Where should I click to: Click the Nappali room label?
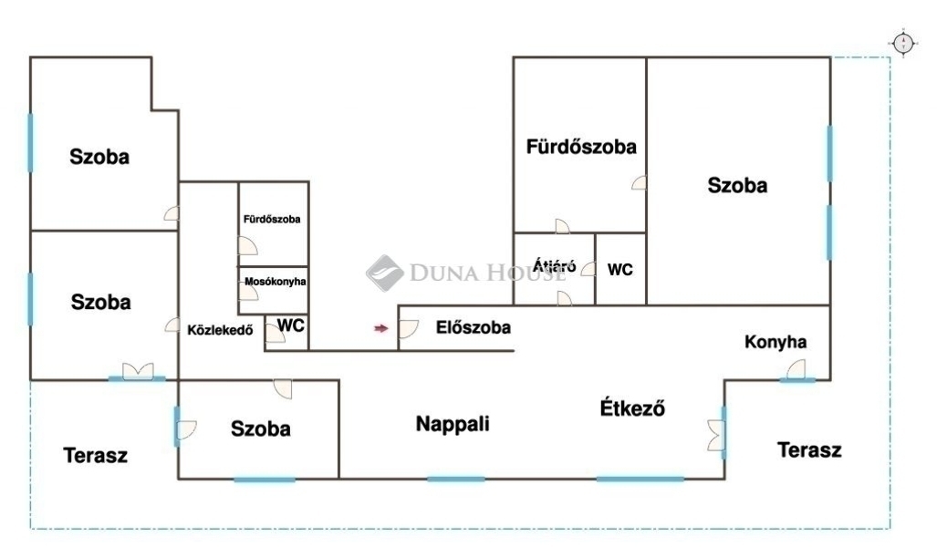pyautogui.click(x=453, y=424)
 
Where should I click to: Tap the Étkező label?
pyautogui.click(x=632, y=408)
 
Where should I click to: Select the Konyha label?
pyautogui.click(x=776, y=343)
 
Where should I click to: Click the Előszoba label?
pyautogui.click(x=473, y=327)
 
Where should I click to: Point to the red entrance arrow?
pyautogui.click(x=380, y=327)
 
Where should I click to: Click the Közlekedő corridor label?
pyautogui.click(x=219, y=330)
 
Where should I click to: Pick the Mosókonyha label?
pyautogui.click(x=276, y=282)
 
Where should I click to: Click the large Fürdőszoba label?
pyautogui.click(x=581, y=146)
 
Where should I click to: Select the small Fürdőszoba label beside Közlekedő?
pyautogui.click(x=272, y=220)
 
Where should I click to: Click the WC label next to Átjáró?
pyautogui.click(x=620, y=270)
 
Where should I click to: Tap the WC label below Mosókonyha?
pyautogui.click(x=291, y=325)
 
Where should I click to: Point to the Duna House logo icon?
pyautogui.click(x=385, y=273)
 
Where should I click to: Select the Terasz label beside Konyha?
pyautogui.click(x=809, y=449)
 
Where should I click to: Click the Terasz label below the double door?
pyautogui.click(x=96, y=455)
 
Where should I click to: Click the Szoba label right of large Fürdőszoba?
pyautogui.click(x=737, y=185)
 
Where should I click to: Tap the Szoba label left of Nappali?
pyautogui.click(x=261, y=428)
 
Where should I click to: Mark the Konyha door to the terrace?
pyautogui.click(x=796, y=369)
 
